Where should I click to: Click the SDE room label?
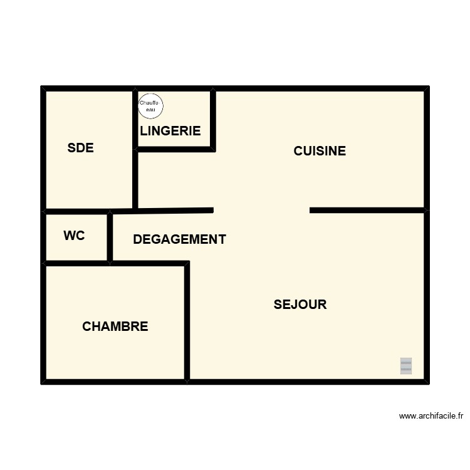click(x=80, y=148)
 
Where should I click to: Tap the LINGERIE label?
click(x=170, y=131)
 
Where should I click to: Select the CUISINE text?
click(x=320, y=151)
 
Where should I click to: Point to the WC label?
click(x=74, y=236)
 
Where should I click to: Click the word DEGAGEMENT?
click(x=179, y=239)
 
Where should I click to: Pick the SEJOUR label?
click(x=300, y=305)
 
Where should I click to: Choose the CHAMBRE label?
click(x=115, y=326)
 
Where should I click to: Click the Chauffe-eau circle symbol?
click(x=150, y=104)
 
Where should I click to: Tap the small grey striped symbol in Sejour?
click(x=406, y=366)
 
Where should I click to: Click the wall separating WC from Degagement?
click(x=110, y=237)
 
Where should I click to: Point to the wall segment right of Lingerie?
click(x=213, y=119)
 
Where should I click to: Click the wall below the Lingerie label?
click(x=175, y=149)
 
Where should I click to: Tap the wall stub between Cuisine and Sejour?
click(x=367, y=210)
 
